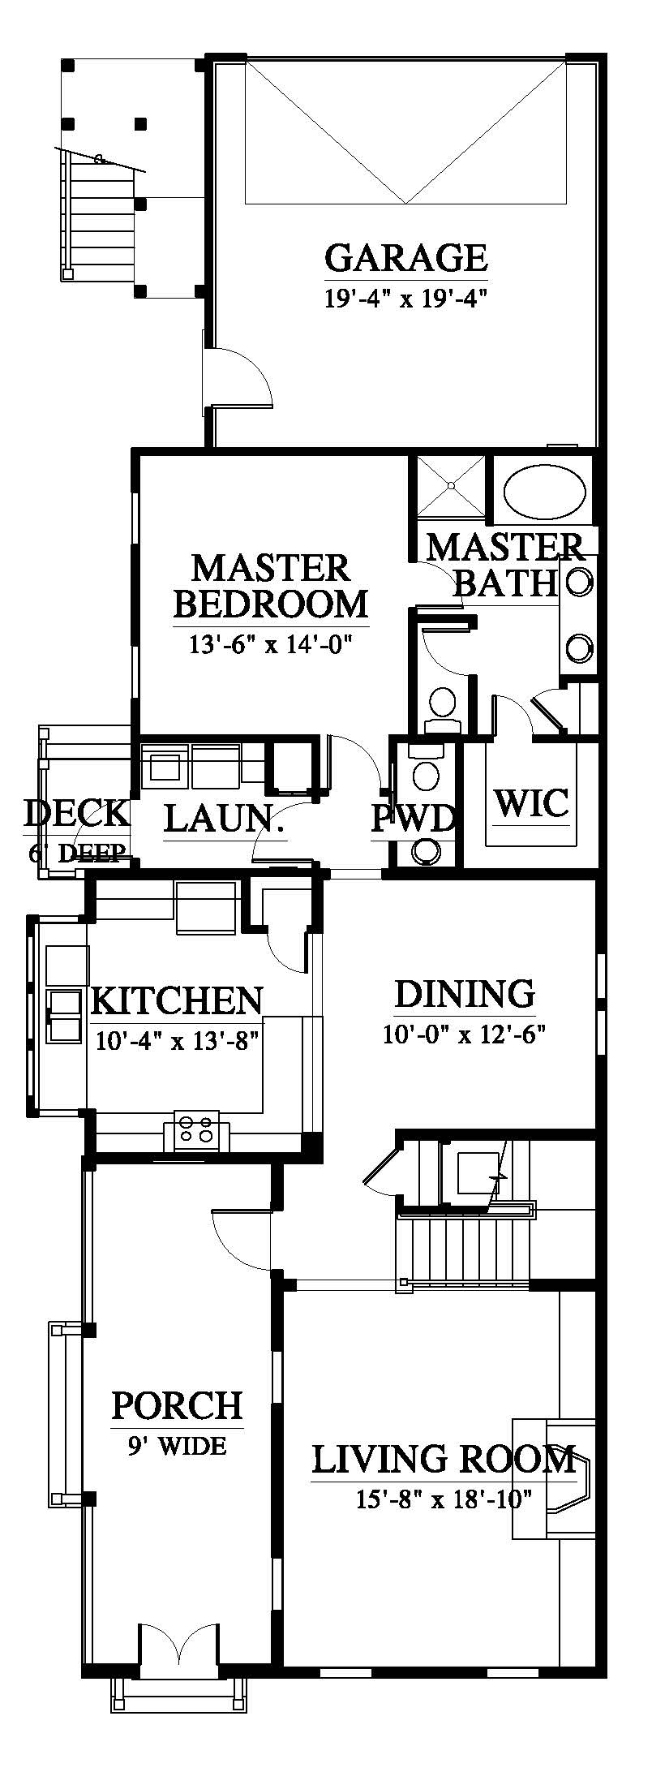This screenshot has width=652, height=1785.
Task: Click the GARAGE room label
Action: pos(405,257)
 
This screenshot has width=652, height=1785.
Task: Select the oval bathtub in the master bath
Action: pos(545,492)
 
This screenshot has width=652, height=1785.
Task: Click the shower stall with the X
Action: pos(452,486)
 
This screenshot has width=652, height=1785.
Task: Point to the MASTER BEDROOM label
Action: pos(271,585)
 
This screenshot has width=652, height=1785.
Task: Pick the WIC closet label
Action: pos(531,802)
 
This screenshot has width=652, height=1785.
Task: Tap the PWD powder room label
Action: pos(414,819)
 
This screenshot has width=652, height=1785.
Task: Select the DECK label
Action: pos(76,812)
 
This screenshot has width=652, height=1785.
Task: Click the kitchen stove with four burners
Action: pos(198,1130)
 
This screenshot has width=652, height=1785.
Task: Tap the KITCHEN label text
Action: pos(177,1000)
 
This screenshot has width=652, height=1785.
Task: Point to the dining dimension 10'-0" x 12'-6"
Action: pos(464,1034)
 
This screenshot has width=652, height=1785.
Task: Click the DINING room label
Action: pos(465,994)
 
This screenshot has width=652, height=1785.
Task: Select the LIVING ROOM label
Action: pos(444,1459)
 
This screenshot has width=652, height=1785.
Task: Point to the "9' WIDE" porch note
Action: pos(176,1445)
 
